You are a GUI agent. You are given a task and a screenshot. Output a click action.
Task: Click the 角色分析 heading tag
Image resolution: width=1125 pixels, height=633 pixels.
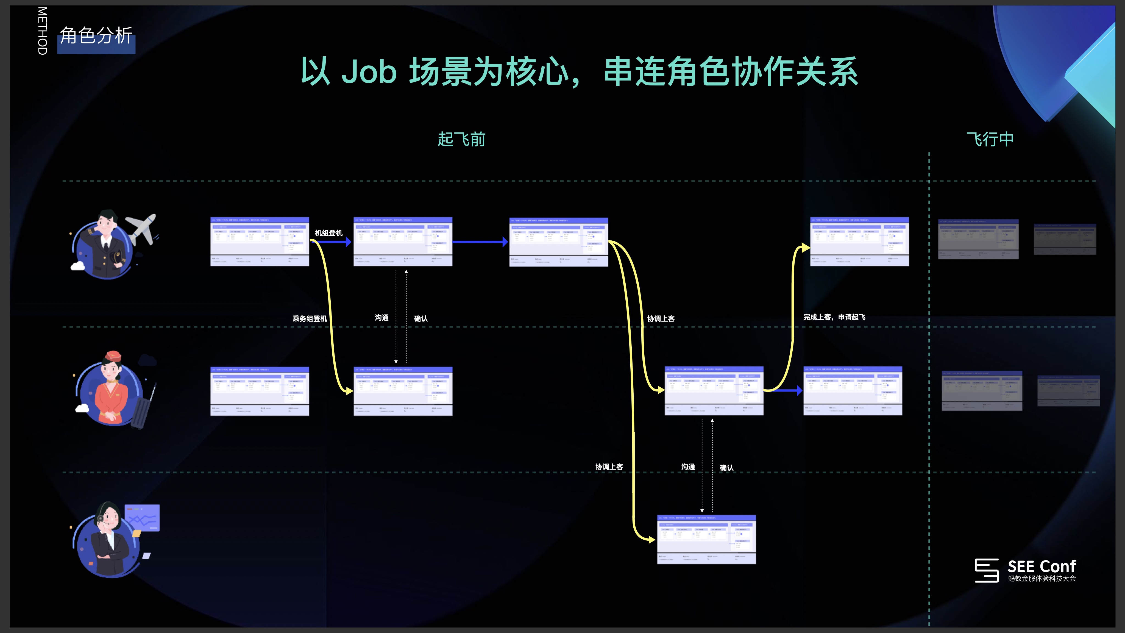click(x=96, y=36)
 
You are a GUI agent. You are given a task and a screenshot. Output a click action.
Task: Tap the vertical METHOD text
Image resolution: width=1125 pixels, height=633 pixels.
click(x=42, y=30)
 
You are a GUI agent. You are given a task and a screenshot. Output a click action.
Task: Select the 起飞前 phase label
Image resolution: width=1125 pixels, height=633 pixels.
click(x=461, y=139)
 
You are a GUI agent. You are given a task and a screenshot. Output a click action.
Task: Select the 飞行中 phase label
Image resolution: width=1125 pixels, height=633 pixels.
click(x=990, y=139)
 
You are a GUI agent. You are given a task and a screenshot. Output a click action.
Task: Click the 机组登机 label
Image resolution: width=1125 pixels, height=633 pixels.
click(x=328, y=233)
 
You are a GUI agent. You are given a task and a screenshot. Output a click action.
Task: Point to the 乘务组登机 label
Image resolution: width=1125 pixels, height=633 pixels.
click(x=309, y=318)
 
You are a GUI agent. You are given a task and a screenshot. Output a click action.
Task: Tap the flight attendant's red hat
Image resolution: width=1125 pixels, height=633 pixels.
click(x=113, y=356)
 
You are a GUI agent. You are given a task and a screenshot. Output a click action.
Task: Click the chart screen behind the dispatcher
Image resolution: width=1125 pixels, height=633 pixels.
click(x=142, y=518)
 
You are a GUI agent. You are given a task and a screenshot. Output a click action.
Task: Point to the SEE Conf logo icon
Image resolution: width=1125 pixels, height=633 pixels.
click(x=986, y=570)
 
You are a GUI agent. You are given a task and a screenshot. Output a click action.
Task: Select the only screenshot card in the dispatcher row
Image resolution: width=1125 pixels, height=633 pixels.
click(x=706, y=540)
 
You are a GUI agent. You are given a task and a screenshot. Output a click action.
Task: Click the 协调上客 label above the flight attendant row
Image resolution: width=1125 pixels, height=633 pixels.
click(x=661, y=318)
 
